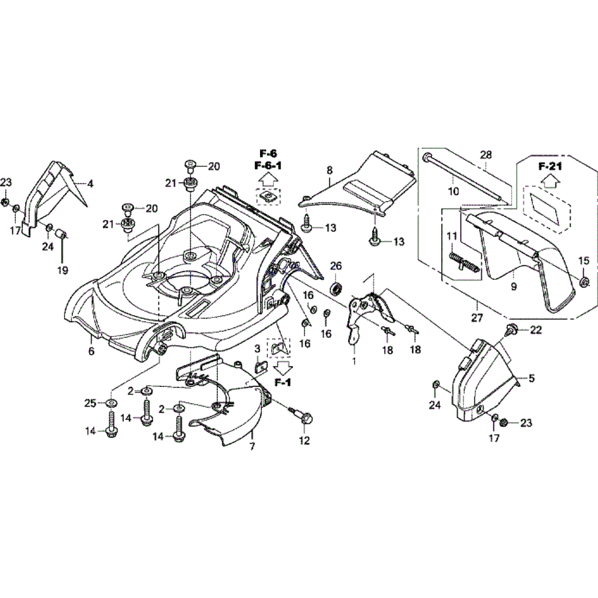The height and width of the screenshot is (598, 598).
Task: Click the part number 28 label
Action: [x=485, y=155]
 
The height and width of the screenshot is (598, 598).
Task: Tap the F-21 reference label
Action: [x=550, y=167]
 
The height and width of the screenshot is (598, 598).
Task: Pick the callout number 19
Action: [x=62, y=270]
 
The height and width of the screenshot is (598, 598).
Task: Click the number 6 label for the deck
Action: [x=91, y=352]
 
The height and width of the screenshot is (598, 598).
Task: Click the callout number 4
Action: [x=91, y=184]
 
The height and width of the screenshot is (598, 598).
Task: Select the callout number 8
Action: [x=329, y=170]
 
